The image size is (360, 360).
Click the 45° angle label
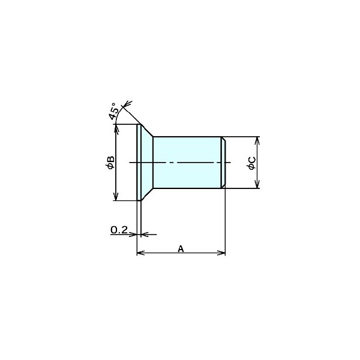tap(115, 112)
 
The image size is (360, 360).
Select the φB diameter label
tap(110, 163)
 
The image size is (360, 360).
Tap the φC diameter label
tap(251, 163)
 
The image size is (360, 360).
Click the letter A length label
tap(181, 248)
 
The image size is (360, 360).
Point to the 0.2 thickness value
tap(119, 230)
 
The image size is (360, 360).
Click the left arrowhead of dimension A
tap(140, 253)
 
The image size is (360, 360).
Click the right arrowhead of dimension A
tap(221, 253)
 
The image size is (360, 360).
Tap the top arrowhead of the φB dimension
tap(116, 128)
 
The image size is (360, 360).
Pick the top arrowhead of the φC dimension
tap(257, 141)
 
